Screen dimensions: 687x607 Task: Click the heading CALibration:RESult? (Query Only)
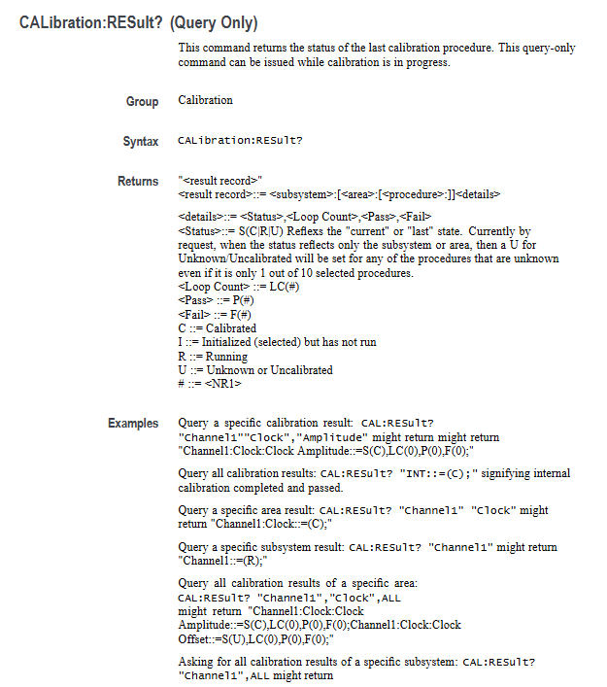coord(140,22)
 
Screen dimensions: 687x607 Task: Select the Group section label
coord(142,101)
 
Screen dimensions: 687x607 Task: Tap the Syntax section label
coord(140,142)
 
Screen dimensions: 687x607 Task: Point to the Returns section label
coord(138,182)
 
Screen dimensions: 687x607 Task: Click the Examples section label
coord(133,424)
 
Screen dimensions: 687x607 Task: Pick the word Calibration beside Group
coord(206,100)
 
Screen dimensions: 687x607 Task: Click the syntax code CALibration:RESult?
coord(240,142)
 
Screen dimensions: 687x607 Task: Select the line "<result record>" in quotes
coord(220,181)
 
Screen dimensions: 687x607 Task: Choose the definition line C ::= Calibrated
coord(218,328)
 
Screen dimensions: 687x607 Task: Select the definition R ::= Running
coord(213,357)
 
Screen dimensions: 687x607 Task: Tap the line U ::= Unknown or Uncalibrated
coord(255,370)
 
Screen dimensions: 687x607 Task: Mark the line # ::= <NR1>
coord(210,384)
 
